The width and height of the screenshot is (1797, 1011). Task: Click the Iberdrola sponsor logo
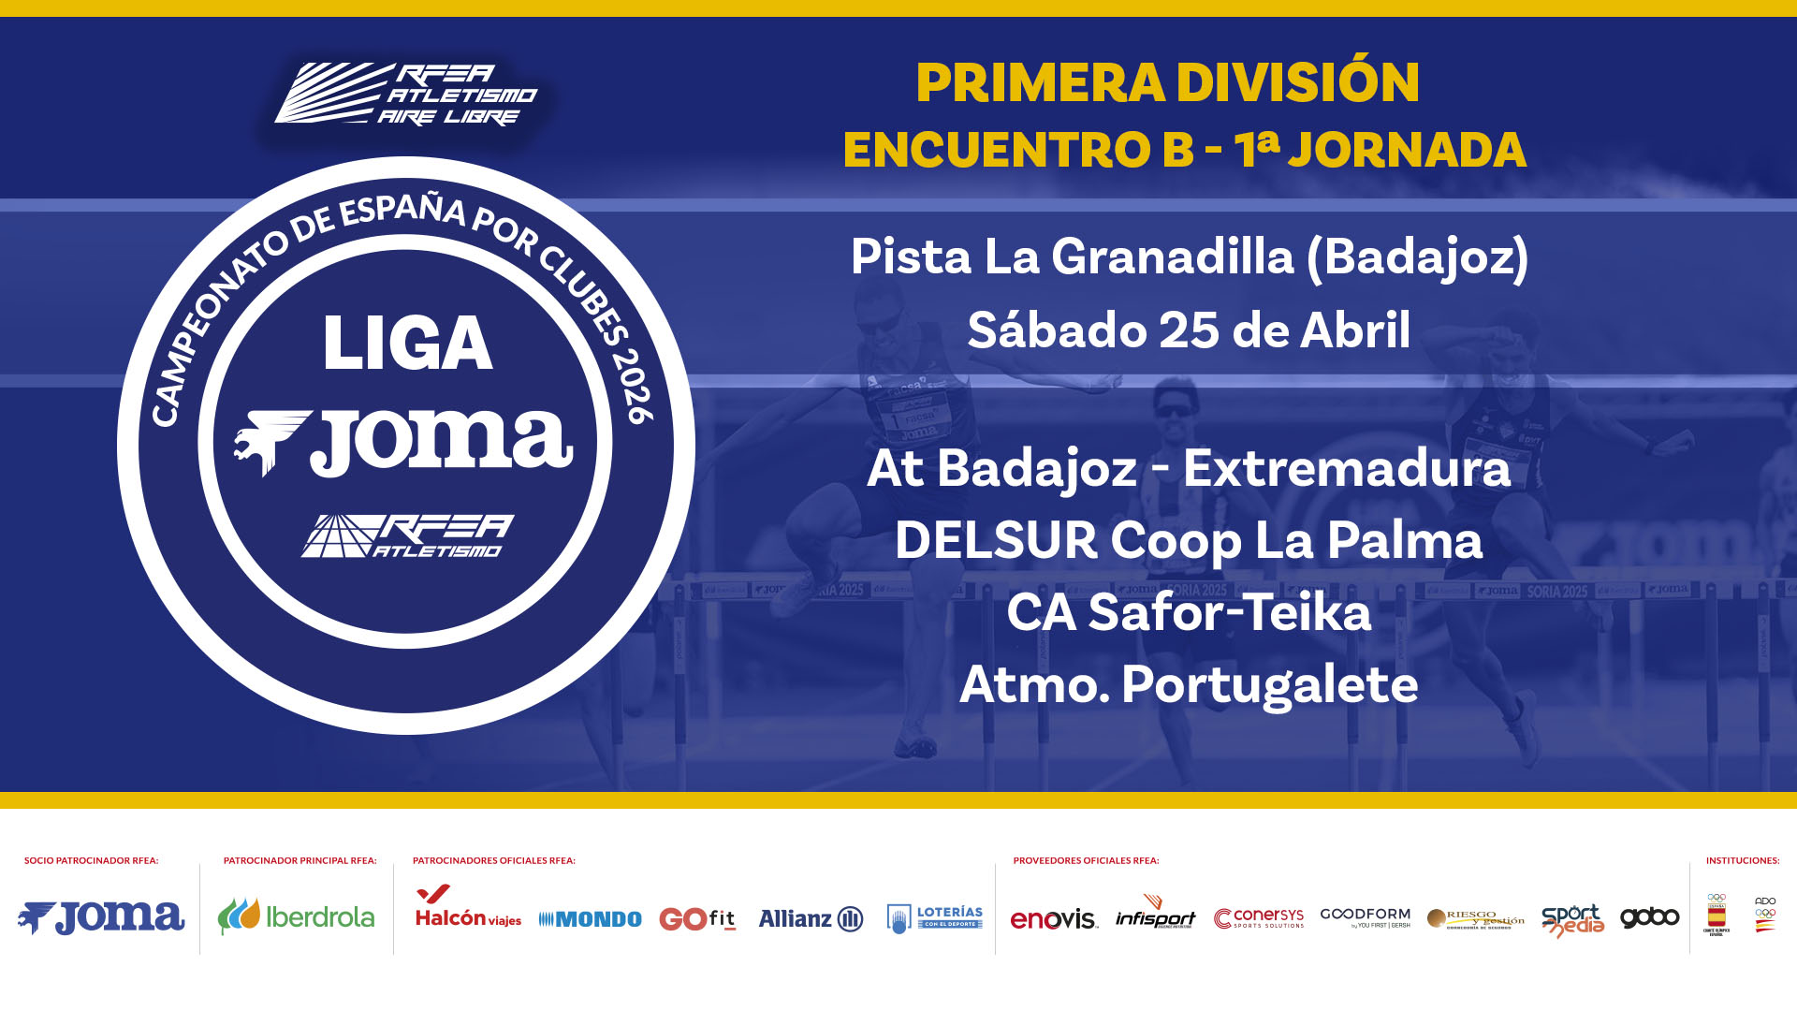tap(296, 916)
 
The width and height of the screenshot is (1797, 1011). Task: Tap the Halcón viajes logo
tap(468, 908)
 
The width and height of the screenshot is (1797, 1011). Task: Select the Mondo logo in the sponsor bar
tap(590, 919)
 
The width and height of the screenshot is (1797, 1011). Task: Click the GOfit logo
tap(697, 918)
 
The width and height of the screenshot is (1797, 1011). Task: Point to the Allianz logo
tap(811, 918)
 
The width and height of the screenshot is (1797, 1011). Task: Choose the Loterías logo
tap(935, 917)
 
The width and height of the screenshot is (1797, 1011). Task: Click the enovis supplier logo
tap(1054, 918)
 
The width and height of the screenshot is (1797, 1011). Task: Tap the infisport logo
tap(1156, 913)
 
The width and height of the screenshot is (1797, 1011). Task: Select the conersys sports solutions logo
tap(1259, 917)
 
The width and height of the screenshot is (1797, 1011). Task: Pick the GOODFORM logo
tap(1365, 916)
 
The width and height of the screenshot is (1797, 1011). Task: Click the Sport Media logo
tap(1572, 919)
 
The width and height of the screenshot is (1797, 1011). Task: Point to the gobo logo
tap(1649, 917)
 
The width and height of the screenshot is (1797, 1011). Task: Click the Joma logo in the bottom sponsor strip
tap(101, 917)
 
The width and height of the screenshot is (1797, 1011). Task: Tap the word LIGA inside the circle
tap(407, 344)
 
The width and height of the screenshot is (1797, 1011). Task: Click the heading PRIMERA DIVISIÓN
tap(1167, 82)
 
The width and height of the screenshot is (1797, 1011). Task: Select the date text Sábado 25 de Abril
tap(1189, 330)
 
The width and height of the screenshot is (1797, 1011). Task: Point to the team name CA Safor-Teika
tap(1189, 612)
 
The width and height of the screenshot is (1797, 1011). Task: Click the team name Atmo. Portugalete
tap(1189, 684)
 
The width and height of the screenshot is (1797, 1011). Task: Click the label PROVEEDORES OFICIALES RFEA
tap(1086, 860)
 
